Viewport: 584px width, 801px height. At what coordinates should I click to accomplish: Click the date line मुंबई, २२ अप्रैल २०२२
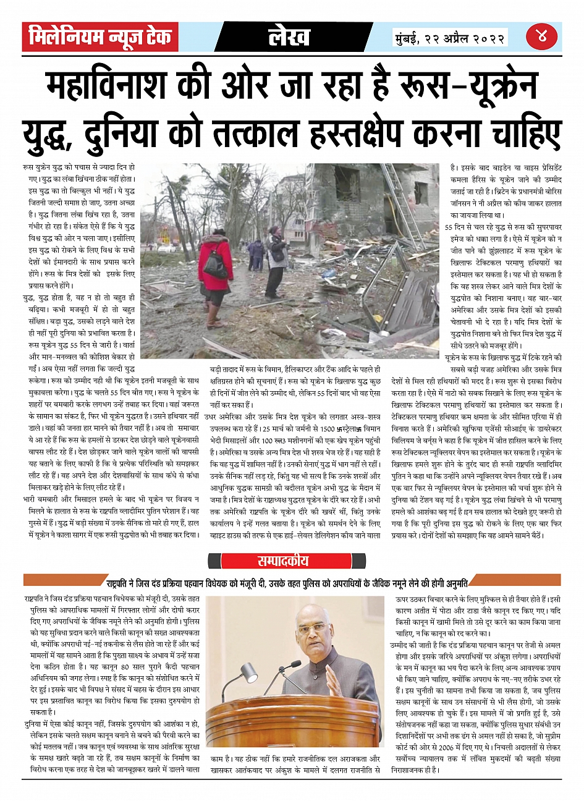click(x=451, y=38)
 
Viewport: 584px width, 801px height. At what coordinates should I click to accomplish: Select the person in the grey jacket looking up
click(x=276, y=260)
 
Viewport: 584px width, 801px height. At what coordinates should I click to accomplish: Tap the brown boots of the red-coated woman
click(x=214, y=315)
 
